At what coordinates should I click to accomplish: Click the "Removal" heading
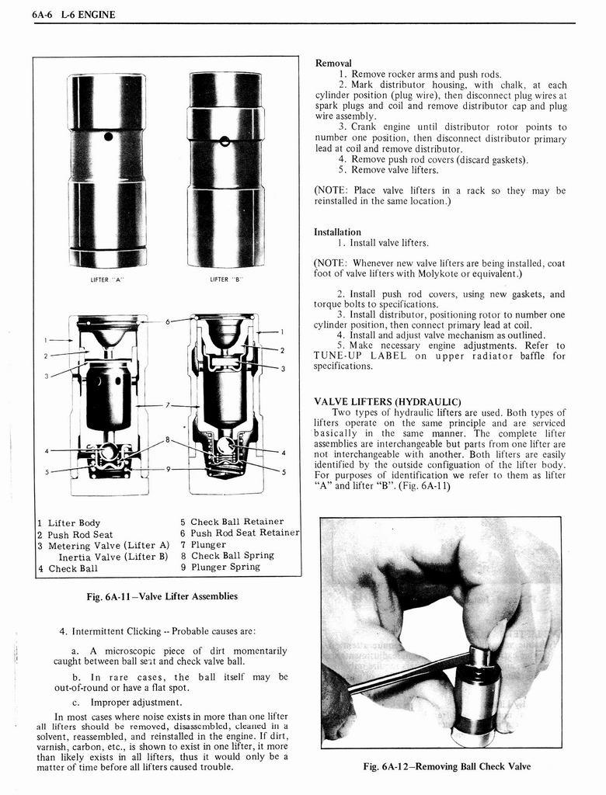pyautogui.click(x=333, y=63)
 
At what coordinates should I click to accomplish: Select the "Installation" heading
pyautogui.click(x=337, y=231)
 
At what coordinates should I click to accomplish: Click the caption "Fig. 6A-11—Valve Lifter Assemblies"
pyautogui.click(x=162, y=596)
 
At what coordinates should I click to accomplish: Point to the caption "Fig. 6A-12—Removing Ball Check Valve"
pyautogui.click(x=447, y=766)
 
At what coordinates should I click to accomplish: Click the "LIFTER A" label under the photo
pyautogui.click(x=107, y=279)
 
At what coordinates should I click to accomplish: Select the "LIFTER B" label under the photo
pyautogui.click(x=226, y=279)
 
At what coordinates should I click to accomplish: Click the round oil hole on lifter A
pyautogui.click(x=108, y=137)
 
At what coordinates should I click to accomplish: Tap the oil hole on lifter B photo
pyautogui.click(x=224, y=141)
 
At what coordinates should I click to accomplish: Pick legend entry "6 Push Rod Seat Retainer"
pyautogui.click(x=239, y=533)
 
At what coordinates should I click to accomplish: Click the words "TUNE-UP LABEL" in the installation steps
pyautogui.click(x=364, y=356)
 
